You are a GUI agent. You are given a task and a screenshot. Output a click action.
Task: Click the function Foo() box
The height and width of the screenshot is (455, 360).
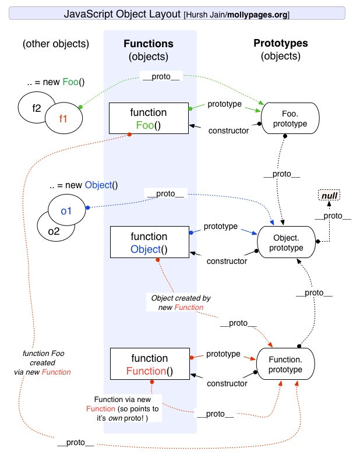149,118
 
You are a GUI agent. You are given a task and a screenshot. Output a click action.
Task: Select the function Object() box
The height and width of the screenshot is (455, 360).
149,244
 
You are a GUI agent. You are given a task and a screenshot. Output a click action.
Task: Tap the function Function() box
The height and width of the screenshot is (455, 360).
149,364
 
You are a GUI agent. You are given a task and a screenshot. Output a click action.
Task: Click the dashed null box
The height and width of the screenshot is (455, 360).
330,196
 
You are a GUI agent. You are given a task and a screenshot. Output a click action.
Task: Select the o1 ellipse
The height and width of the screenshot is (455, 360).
66,211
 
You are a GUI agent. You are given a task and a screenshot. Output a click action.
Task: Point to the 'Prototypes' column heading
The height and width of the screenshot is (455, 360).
281,44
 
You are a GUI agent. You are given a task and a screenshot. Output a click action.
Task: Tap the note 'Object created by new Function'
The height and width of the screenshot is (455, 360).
181,302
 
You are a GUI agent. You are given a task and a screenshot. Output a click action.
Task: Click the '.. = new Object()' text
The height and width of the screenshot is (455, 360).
83,186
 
